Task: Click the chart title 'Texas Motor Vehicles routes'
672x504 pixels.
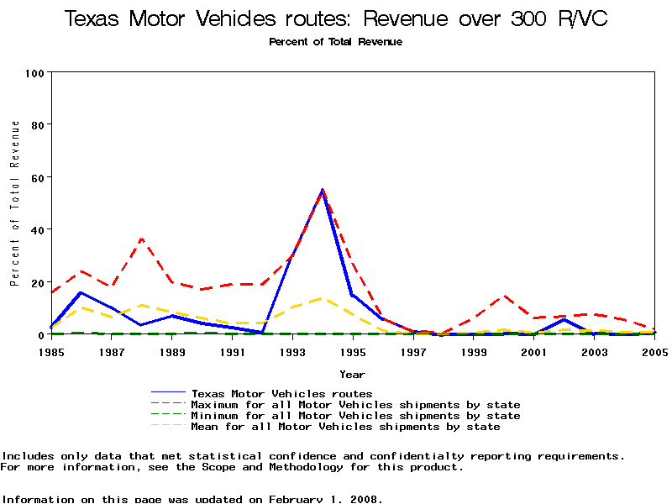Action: pyautogui.click(x=336, y=19)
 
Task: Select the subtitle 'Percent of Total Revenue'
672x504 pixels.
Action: pyautogui.click(x=336, y=42)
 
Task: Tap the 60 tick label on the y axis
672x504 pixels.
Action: pyautogui.click(x=37, y=177)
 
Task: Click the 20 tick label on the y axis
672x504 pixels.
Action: pyautogui.click(x=37, y=282)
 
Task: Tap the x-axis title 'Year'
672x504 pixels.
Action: pyautogui.click(x=352, y=374)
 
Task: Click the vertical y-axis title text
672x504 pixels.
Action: pyautogui.click(x=14, y=202)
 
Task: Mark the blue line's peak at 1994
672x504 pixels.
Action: pyautogui.click(x=323, y=190)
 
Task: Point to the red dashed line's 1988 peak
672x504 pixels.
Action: pyautogui.click(x=142, y=239)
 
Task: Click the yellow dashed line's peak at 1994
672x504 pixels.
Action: pyautogui.click(x=322, y=298)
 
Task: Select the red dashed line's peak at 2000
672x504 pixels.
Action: pyautogui.click(x=504, y=295)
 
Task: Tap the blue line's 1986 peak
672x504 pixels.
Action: pyautogui.click(x=81, y=292)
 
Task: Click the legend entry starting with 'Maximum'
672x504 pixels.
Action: pyautogui.click(x=355, y=405)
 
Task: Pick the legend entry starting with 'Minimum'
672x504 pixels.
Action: pyautogui.click(x=355, y=416)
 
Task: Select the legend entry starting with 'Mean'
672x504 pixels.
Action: pyautogui.click(x=345, y=427)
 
